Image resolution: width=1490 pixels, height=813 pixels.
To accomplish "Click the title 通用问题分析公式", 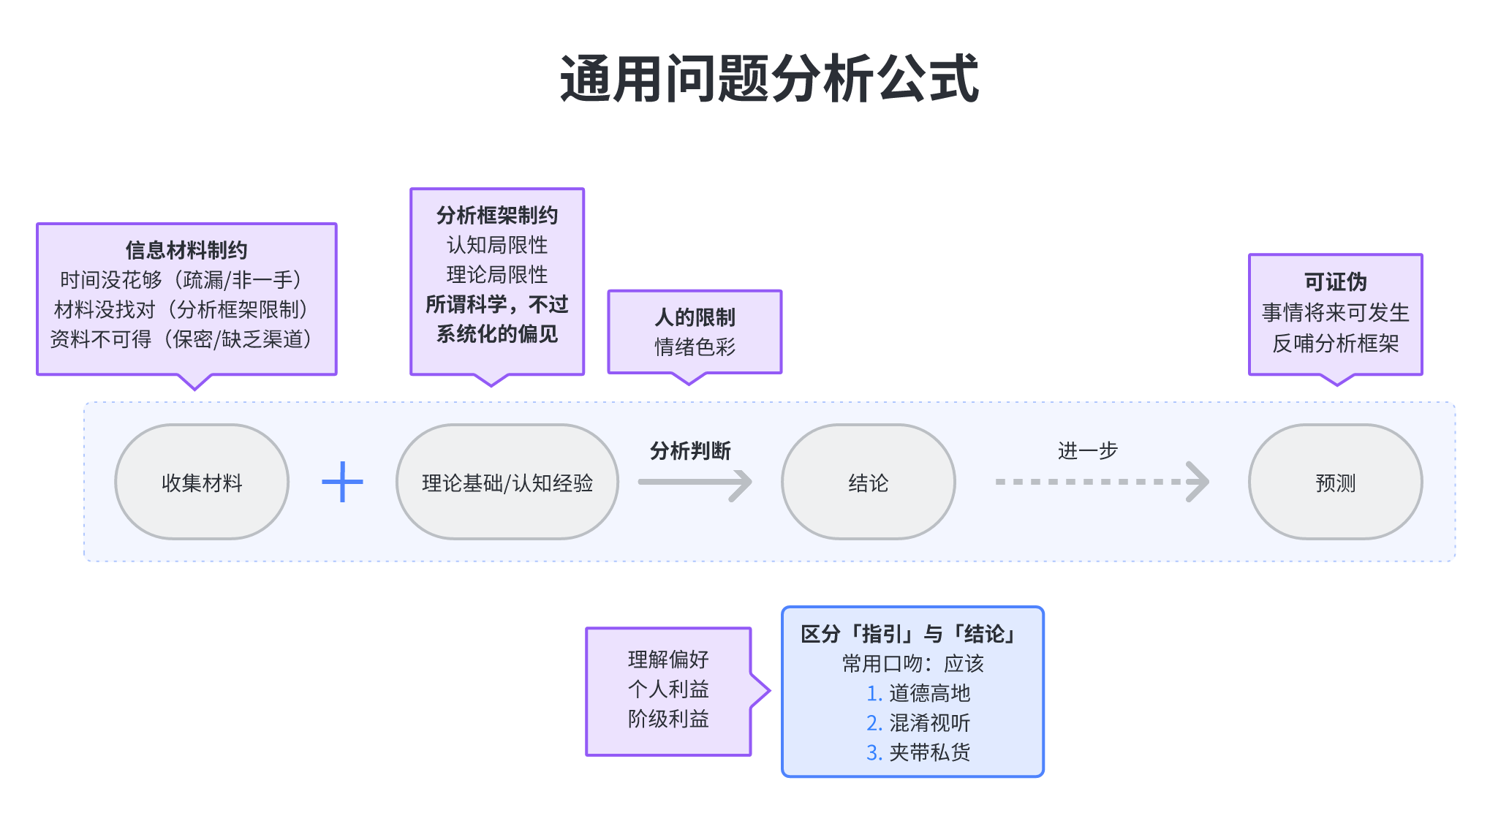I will click(x=769, y=79).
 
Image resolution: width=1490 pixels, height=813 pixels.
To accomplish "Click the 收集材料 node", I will click(x=202, y=483).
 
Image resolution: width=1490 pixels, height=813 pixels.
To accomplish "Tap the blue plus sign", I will click(x=342, y=482).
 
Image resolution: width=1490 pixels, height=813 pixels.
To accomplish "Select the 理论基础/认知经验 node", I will click(x=507, y=483).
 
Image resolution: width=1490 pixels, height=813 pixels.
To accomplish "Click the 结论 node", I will click(x=868, y=483).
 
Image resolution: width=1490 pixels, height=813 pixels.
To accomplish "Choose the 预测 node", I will click(x=1335, y=483).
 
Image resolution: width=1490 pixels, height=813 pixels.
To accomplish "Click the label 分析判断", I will click(x=690, y=450).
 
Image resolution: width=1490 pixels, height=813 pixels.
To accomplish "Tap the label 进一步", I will click(x=1087, y=450).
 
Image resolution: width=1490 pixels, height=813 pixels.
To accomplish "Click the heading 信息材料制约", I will click(x=186, y=250).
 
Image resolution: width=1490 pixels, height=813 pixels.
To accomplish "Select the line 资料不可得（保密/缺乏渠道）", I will click(x=181, y=339).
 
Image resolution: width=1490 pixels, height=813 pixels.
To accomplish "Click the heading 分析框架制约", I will click(x=497, y=215).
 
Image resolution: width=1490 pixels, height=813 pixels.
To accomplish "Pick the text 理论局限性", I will click(x=497, y=275).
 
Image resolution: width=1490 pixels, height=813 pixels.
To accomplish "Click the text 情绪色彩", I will click(x=695, y=347).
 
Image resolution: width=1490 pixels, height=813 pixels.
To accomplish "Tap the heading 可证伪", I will click(x=1335, y=281).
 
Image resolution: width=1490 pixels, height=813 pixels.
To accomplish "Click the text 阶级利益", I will click(x=668, y=719).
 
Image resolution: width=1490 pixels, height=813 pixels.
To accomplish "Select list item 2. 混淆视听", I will click(x=918, y=723).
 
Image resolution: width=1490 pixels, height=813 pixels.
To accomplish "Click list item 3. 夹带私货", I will click(x=918, y=752).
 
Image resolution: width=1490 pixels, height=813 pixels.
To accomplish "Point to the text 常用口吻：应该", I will click(x=912, y=664).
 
